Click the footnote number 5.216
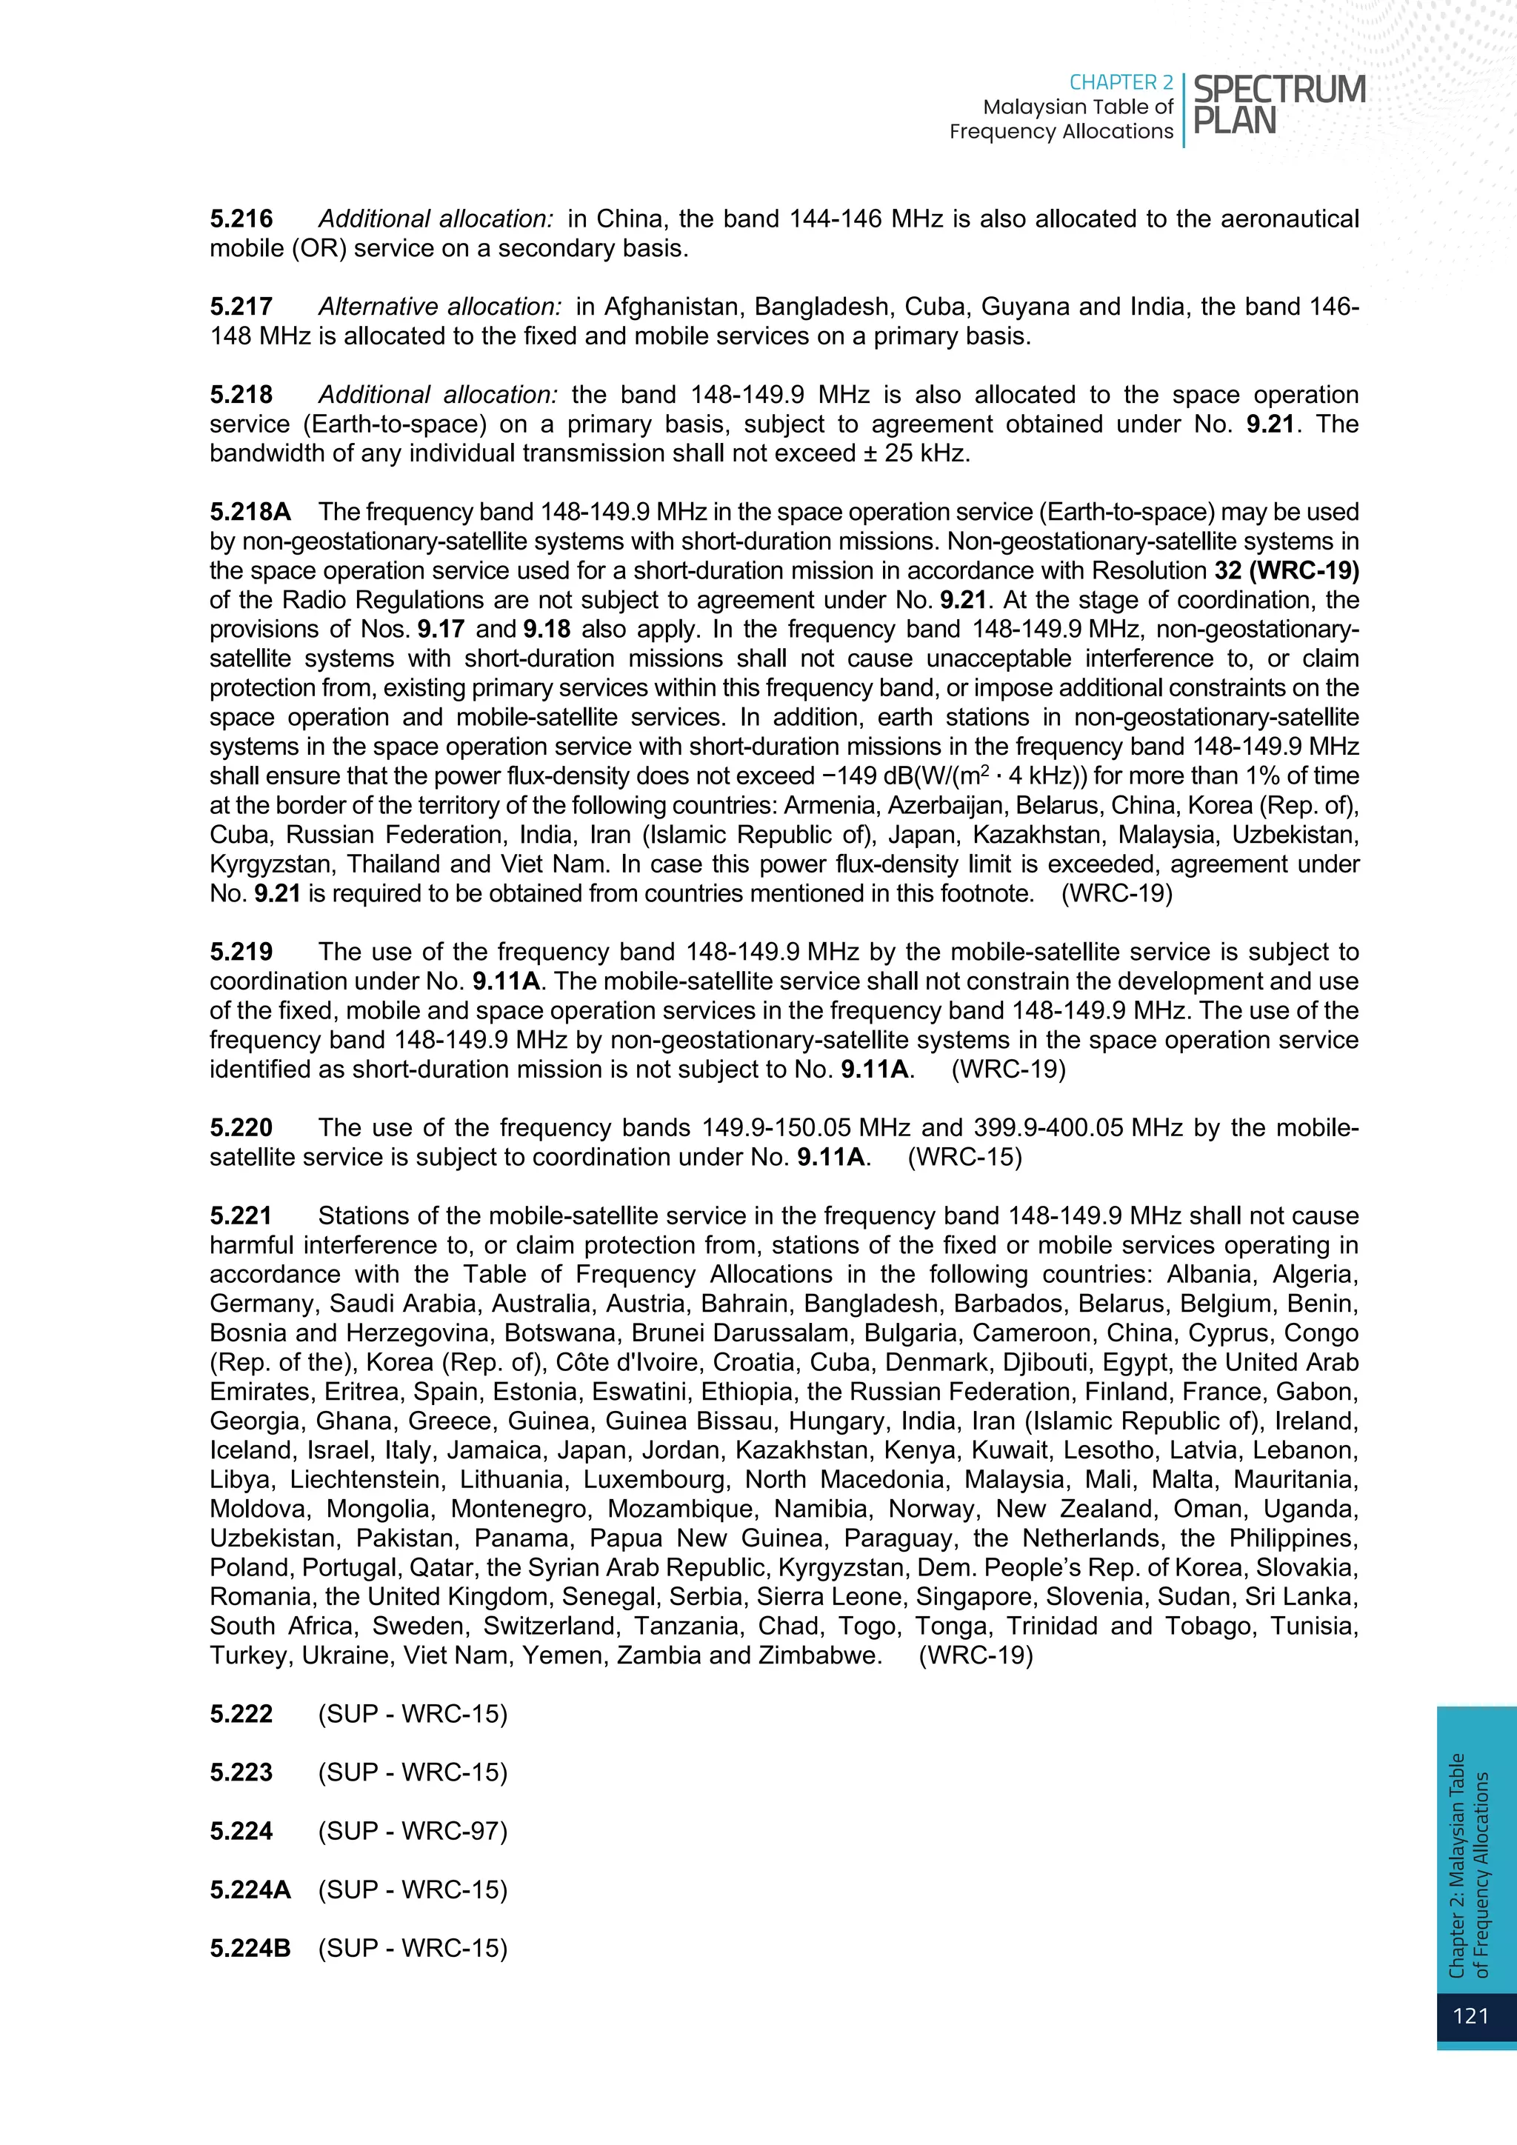click(241, 219)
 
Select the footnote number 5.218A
click(250, 512)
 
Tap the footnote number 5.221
click(241, 1215)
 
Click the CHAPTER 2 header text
click(1121, 83)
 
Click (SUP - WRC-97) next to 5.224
click(413, 1831)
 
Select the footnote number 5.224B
click(250, 1948)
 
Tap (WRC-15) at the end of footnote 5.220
click(965, 1158)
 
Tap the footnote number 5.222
click(241, 1715)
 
